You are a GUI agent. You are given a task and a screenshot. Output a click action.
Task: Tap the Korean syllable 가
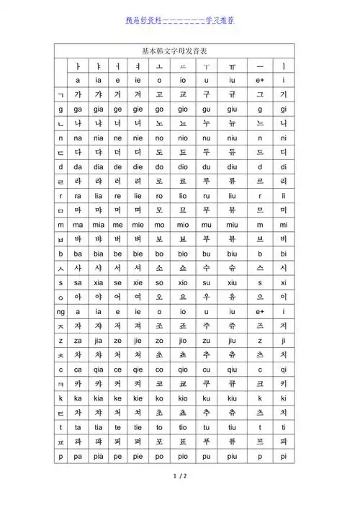pos(78,94)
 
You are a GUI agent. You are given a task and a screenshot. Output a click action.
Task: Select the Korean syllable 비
pos(284,239)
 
